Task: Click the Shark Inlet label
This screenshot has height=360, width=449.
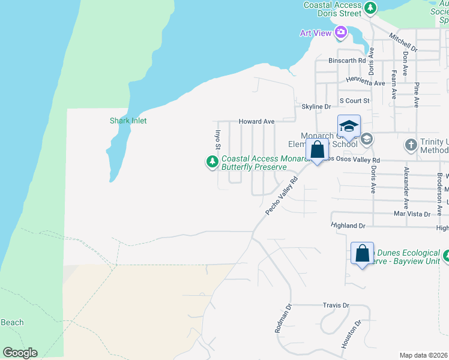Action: (x=128, y=121)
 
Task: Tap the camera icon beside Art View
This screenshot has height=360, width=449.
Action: (x=341, y=32)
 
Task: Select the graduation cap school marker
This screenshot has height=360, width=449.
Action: (x=349, y=127)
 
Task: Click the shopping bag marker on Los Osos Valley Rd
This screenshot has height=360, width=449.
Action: (x=318, y=149)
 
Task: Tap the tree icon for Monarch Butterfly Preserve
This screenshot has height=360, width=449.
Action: (x=212, y=162)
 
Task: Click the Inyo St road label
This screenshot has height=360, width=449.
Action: (x=218, y=140)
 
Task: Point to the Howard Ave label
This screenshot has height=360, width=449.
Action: (x=256, y=121)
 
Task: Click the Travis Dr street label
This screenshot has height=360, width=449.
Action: (x=336, y=305)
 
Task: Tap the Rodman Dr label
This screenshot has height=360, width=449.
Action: (x=282, y=317)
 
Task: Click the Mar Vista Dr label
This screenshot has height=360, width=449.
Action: (x=412, y=214)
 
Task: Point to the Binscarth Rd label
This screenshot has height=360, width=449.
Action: (x=347, y=61)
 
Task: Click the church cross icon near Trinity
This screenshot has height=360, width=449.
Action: (x=411, y=145)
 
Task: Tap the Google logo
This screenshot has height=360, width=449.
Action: (x=19, y=353)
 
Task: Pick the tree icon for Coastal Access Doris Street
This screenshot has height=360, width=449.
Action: (x=371, y=7)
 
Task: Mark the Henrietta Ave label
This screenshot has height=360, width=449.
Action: (x=365, y=82)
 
